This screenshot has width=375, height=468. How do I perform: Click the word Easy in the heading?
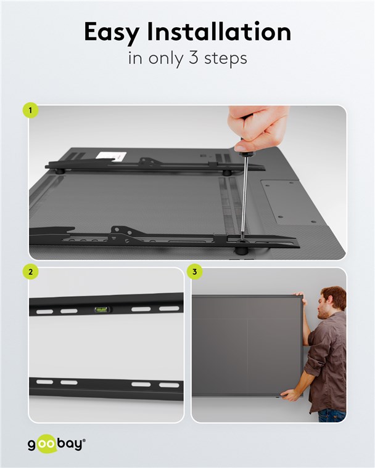click(x=112, y=32)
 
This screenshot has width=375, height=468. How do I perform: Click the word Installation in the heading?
click(x=219, y=31)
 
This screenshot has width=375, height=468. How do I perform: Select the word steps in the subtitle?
click(x=226, y=58)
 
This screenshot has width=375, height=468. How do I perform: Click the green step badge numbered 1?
click(x=30, y=110)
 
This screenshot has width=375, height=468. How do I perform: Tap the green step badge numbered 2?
click(x=30, y=272)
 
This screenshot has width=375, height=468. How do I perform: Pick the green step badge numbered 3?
click(x=195, y=272)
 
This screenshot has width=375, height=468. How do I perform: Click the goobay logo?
click(x=57, y=444)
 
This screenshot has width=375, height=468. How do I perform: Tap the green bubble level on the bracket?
click(x=102, y=310)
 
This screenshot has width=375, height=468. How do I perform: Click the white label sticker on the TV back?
click(x=112, y=156)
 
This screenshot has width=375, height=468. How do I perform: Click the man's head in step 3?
click(x=331, y=302)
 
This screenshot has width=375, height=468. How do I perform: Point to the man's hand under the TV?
click(x=289, y=395)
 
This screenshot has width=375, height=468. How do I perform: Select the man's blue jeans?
click(x=332, y=416)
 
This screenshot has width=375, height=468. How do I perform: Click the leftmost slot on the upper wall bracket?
click(x=44, y=312)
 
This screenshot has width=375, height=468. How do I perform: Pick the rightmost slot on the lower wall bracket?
click(x=169, y=385)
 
